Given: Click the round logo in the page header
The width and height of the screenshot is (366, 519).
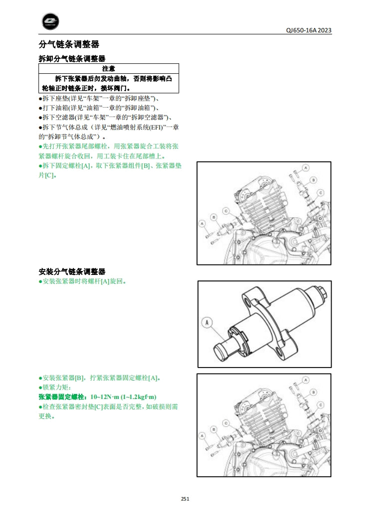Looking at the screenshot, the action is [50, 21].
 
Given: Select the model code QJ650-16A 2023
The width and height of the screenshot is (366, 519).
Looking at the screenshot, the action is [309, 30].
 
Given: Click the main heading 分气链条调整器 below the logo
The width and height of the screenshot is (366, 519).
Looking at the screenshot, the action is [69, 44].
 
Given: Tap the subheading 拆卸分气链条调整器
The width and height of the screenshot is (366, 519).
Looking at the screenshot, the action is [72, 59].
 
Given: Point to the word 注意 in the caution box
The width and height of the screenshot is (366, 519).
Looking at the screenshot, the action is [109, 69].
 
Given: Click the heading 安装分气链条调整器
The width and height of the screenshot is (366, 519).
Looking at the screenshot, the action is [72, 272].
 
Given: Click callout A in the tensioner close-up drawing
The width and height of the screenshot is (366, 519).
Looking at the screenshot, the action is [207, 322].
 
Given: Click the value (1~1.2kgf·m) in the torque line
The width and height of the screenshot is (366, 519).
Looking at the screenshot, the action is [139, 397].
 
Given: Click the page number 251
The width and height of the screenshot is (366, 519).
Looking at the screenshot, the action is [185, 499].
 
